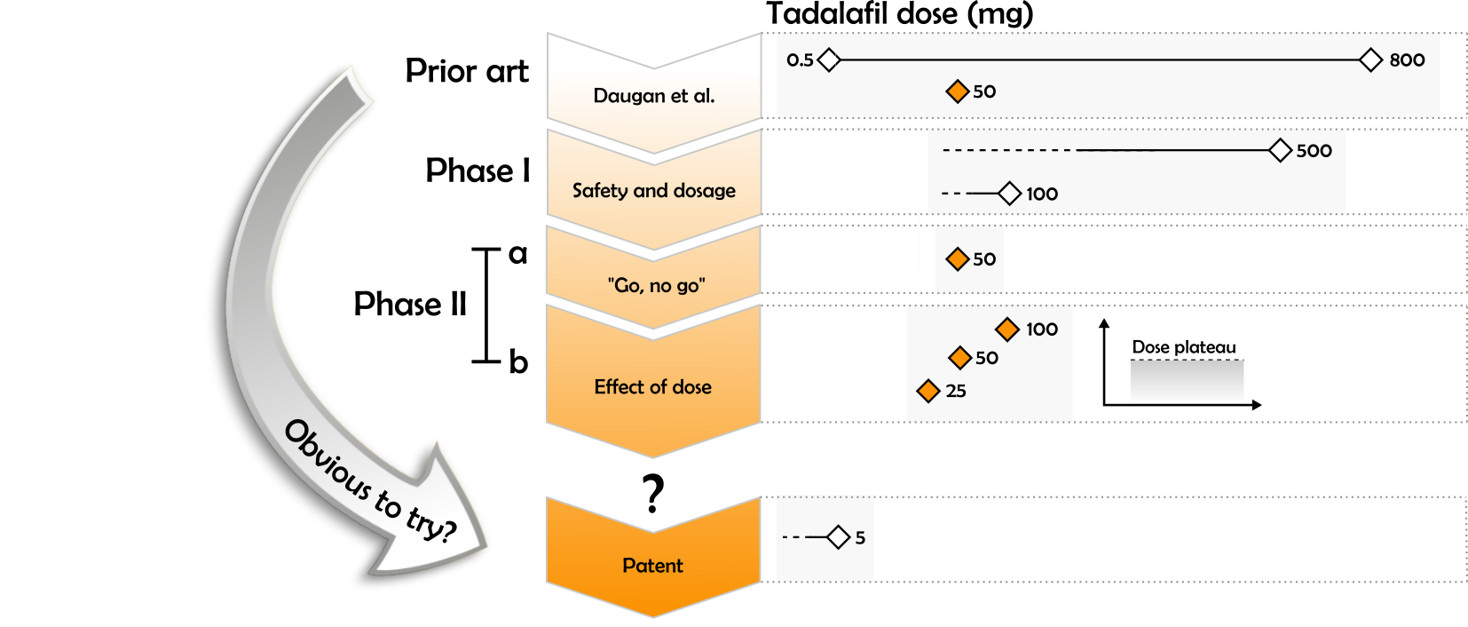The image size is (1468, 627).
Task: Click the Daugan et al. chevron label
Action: point(654,96)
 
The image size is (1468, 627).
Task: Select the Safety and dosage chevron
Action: point(654,190)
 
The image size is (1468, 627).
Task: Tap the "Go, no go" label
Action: point(656,285)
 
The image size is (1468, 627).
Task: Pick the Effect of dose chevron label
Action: point(653,386)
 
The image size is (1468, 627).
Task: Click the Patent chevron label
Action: point(653,566)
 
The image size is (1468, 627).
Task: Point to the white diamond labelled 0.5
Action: point(829,60)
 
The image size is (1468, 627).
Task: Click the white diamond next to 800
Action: point(1371,60)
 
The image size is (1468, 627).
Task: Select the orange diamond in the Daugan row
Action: point(957,91)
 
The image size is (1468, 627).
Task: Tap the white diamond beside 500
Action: point(1280,151)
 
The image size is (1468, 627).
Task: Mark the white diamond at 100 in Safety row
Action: point(1009,194)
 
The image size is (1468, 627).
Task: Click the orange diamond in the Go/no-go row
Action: point(957,259)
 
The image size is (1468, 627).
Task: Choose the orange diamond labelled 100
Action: point(1007,329)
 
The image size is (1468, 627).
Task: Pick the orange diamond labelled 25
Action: point(928,391)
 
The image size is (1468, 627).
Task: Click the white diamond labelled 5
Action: point(839,537)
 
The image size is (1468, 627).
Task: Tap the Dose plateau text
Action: point(1184,347)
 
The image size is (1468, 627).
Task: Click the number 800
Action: point(1407,60)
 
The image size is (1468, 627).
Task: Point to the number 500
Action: point(1314,151)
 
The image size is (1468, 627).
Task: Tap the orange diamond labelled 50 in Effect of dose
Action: point(959,358)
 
